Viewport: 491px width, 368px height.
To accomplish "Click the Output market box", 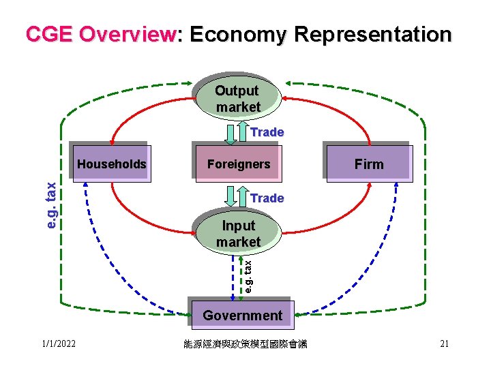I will click(237, 98).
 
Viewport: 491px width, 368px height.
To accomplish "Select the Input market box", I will click(238, 233).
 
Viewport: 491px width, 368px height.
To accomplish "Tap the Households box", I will click(111, 164).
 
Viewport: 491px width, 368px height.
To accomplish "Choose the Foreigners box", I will click(238, 164).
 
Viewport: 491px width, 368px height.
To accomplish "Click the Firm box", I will click(369, 164).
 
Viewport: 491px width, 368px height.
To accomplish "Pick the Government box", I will click(242, 315).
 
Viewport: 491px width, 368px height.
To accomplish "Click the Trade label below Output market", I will click(267, 132).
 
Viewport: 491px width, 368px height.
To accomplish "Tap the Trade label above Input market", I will click(267, 198).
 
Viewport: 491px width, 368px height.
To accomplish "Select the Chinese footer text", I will click(245, 344).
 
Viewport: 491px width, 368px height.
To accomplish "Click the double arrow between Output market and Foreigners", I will click(237, 132).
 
